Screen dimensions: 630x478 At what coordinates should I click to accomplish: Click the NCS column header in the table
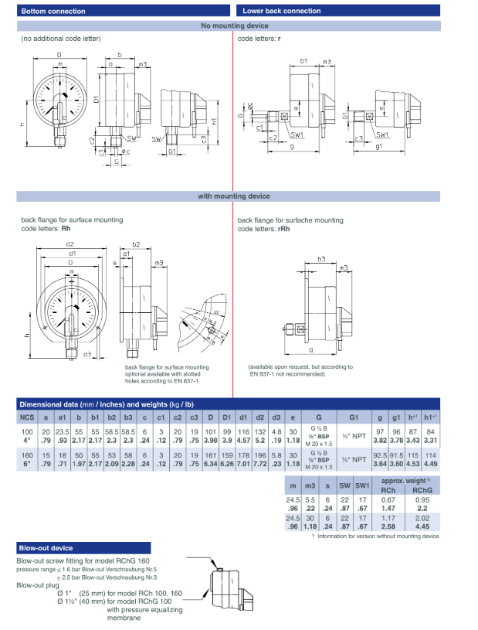[27, 417]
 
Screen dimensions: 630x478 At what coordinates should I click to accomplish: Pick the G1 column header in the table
[348, 417]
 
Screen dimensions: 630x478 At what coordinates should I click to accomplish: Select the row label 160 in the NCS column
[27, 457]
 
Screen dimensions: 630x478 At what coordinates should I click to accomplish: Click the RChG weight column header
[422, 489]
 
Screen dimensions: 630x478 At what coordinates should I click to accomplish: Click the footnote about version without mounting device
[378, 536]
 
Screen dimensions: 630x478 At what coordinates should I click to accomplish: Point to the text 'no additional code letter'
[61, 38]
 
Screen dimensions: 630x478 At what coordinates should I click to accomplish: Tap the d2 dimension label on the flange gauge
[70, 245]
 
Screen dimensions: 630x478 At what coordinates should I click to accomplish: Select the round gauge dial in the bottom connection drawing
[71, 98]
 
